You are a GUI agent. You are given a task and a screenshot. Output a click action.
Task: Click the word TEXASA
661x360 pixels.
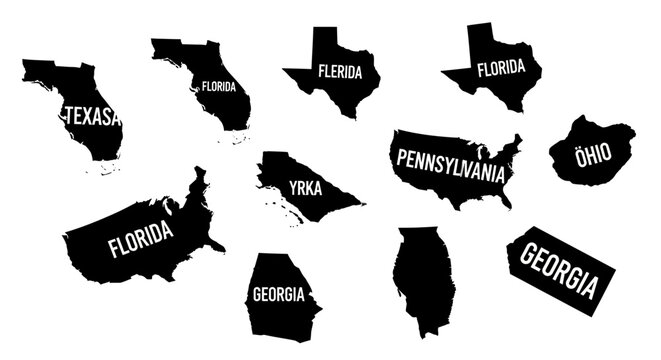92,117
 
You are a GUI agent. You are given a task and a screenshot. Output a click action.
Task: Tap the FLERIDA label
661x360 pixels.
340,72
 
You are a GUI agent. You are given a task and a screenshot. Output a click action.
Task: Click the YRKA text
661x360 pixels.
306,187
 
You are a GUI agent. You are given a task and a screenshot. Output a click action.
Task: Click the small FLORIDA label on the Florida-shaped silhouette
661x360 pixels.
218,87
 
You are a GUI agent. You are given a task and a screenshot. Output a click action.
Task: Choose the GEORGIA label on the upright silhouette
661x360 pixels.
279,294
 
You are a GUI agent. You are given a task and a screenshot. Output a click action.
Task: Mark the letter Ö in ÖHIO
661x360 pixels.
578,150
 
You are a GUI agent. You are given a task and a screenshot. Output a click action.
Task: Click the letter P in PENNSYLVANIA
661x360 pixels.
403,159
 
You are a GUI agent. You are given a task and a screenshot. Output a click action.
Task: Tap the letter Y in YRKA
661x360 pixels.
294,186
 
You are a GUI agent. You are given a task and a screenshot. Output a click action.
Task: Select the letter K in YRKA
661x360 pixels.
310,188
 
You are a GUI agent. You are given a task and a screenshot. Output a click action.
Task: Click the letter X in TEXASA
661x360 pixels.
88,117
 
